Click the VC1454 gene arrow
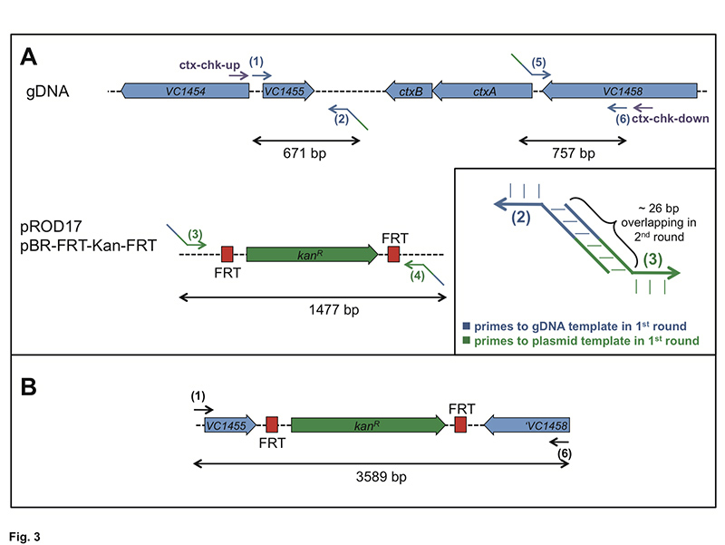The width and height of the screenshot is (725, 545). click(185, 92)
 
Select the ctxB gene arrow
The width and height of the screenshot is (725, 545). click(409, 92)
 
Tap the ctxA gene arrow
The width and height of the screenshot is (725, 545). click(482, 92)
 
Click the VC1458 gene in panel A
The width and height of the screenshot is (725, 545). click(620, 92)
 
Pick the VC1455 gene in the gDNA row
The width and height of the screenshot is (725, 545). click(288, 92)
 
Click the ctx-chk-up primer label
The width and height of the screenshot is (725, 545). click(209, 64)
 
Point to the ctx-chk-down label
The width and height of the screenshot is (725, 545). click(671, 119)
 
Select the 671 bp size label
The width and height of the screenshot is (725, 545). click(304, 152)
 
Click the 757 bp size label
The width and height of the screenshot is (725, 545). click(574, 152)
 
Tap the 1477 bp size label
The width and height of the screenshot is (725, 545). click(333, 309)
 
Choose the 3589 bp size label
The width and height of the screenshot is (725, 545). click(381, 476)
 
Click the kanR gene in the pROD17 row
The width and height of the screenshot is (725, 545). click(313, 255)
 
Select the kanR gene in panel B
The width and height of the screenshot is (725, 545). click(369, 425)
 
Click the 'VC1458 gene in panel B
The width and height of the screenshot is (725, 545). click(527, 425)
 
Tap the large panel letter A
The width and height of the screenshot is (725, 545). click(29, 57)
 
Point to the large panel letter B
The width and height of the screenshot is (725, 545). click(29, 387)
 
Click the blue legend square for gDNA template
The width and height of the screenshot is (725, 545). click(467, 326)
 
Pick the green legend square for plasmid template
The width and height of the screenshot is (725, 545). click(467, 340)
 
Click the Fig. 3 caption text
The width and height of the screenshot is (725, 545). click(24, 537)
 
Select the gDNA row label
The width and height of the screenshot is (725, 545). click(48, 92)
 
